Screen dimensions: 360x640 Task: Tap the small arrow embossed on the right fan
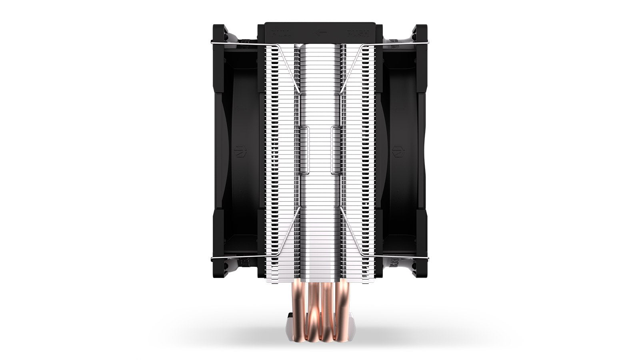click(400, 108)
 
